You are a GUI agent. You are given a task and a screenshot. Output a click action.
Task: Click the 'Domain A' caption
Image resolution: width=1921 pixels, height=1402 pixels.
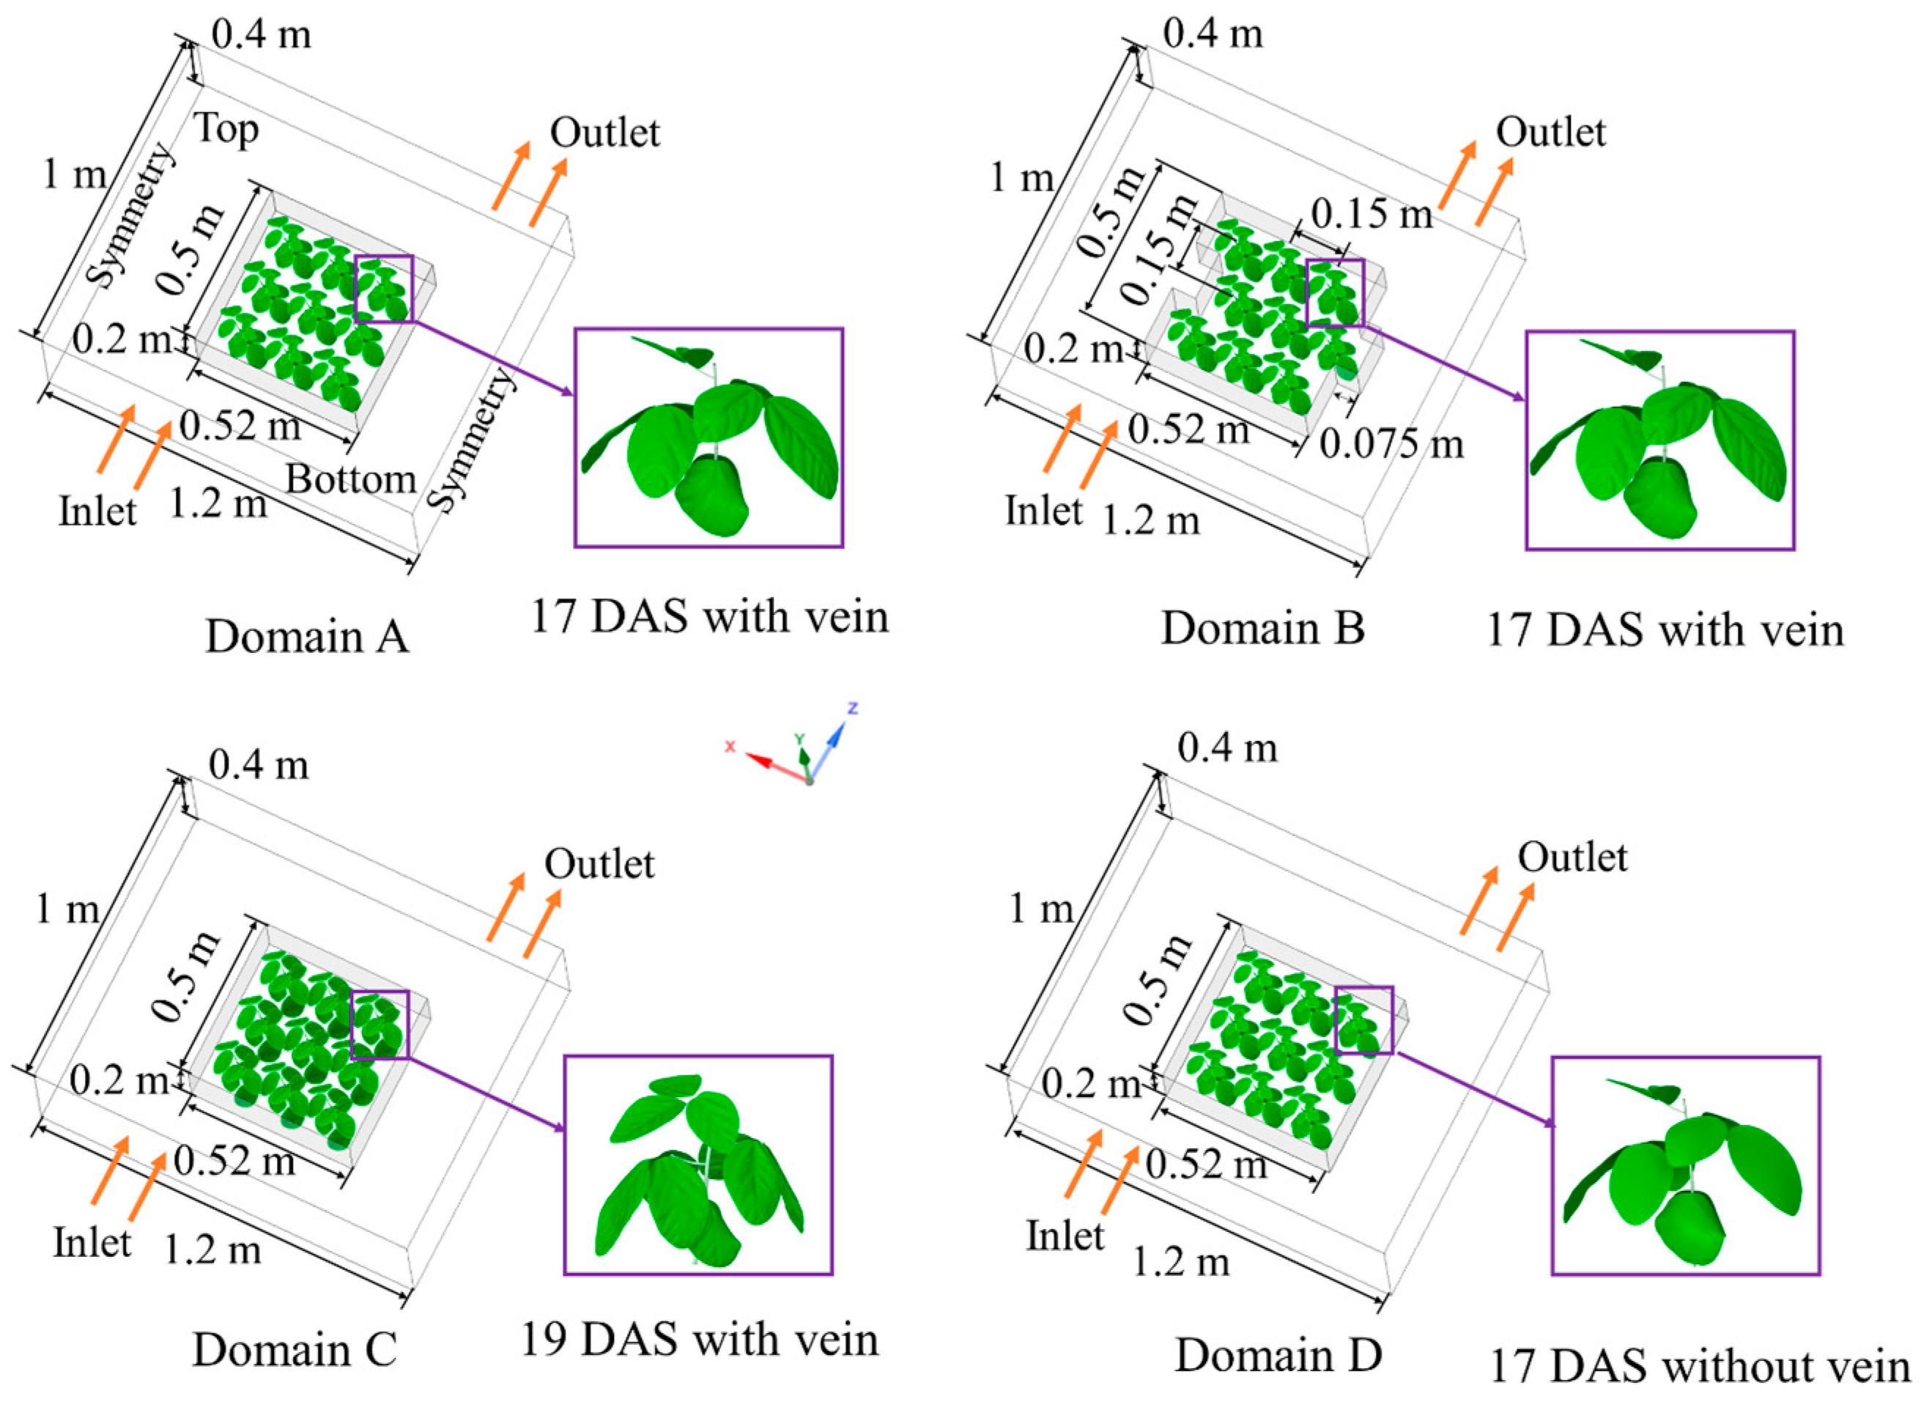[x=307, y=635]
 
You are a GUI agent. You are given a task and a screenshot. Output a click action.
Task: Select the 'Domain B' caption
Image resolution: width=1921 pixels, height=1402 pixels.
[x=1262, y=629]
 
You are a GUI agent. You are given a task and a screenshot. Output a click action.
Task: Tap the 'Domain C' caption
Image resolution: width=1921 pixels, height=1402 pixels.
[x=295, y=1349]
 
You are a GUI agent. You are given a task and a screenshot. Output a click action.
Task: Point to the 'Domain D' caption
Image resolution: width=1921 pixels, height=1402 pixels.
[x=1278, y=1354]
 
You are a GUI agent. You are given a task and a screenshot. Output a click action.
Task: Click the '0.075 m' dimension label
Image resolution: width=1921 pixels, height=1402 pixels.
[x=1391, y=444]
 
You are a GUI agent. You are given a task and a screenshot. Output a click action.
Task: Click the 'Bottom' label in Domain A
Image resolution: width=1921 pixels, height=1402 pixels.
[x=350, y=479]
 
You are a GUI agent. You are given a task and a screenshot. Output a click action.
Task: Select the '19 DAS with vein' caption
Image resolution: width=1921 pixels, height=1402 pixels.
[x=700, y=1339]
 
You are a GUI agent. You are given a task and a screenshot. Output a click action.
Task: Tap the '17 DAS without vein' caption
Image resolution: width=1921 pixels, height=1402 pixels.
[x=1700, y=1366]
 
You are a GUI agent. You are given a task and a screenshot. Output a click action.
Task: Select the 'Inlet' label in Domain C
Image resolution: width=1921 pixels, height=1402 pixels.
[x=92, y=1243]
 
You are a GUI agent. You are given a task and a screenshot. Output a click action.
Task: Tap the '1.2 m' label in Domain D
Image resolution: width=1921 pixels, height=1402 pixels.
[x=1181, y=1263]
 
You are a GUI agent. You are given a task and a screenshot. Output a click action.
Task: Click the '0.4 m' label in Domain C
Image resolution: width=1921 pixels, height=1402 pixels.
[x=258, y=766]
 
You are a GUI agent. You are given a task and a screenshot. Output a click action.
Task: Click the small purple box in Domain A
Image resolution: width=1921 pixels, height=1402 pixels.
[x=383, y=289]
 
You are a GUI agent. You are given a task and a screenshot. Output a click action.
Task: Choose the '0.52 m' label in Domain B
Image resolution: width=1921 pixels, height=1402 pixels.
[x=1188, y=429]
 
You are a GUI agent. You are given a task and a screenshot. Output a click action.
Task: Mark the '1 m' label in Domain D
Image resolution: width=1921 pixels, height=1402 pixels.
[x=1041, y=910]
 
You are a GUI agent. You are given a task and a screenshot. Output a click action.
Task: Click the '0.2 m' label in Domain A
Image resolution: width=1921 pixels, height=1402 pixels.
[x=122, y=339]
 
